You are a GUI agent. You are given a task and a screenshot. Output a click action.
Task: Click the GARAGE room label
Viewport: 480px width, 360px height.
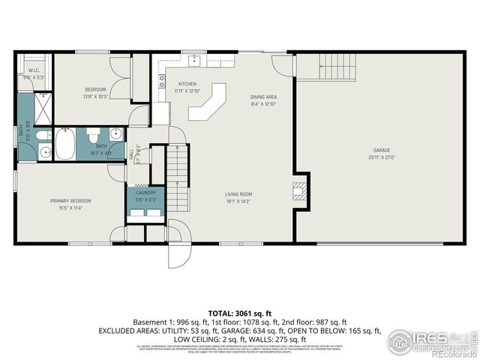point(381,151)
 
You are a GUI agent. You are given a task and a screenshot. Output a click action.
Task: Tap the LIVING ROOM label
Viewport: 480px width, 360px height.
point(238,193)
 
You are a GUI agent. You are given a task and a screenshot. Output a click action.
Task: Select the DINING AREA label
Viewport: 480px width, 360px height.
point(263,97)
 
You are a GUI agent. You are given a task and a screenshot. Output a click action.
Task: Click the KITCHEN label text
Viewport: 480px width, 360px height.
point(187,83)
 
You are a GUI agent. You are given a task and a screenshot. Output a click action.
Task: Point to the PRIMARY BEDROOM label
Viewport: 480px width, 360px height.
point(70,200)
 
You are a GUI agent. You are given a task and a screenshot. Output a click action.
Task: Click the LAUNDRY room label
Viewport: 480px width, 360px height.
point(145,193)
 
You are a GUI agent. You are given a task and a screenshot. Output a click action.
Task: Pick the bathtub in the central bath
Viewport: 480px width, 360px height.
point(64,144)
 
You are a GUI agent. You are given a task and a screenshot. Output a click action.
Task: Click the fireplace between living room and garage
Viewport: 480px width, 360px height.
point(300,190)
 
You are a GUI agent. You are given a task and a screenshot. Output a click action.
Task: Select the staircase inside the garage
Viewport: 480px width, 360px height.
point(336,67)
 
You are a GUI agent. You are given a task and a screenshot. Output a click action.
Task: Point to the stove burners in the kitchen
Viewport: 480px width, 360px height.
point(161,82)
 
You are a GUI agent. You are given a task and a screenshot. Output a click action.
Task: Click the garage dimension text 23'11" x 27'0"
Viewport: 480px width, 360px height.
point(381,157)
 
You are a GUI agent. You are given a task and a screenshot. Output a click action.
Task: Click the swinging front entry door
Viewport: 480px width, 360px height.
point(178,249)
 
